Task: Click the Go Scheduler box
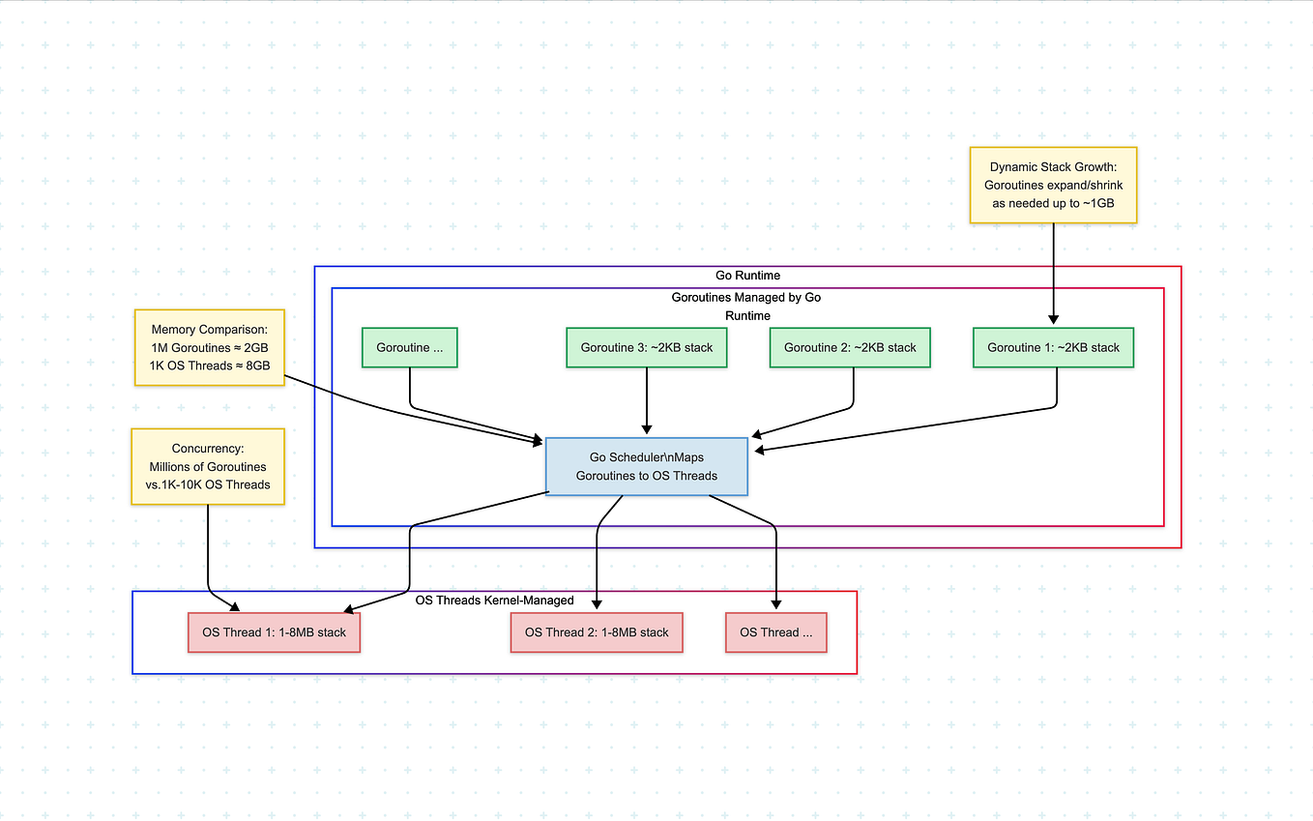646,466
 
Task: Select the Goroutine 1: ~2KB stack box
1052,348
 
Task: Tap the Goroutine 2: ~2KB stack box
849,348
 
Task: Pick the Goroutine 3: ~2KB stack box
646,348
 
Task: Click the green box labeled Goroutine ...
409,348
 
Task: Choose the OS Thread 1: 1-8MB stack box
274,632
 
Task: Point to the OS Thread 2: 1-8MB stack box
597,632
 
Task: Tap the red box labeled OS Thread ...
775,632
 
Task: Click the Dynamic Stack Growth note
1053,186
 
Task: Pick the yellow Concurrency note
208,467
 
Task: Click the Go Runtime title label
747,276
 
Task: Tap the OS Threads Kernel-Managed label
494,601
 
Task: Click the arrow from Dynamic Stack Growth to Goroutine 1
1053,276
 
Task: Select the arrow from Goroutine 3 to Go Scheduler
646,401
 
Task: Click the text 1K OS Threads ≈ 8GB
209,366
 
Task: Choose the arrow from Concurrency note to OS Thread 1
208,551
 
